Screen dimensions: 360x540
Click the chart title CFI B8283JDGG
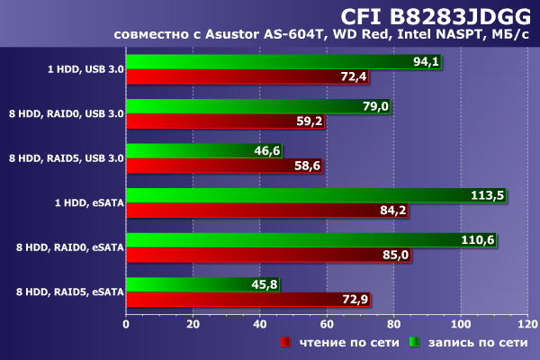[436, 15]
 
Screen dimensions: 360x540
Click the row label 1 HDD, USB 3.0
[85, 68]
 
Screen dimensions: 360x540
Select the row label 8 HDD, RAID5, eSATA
[66, 292]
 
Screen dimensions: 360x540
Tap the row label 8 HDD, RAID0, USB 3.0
[66, 113]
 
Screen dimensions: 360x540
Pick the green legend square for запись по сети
[416, 343]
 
